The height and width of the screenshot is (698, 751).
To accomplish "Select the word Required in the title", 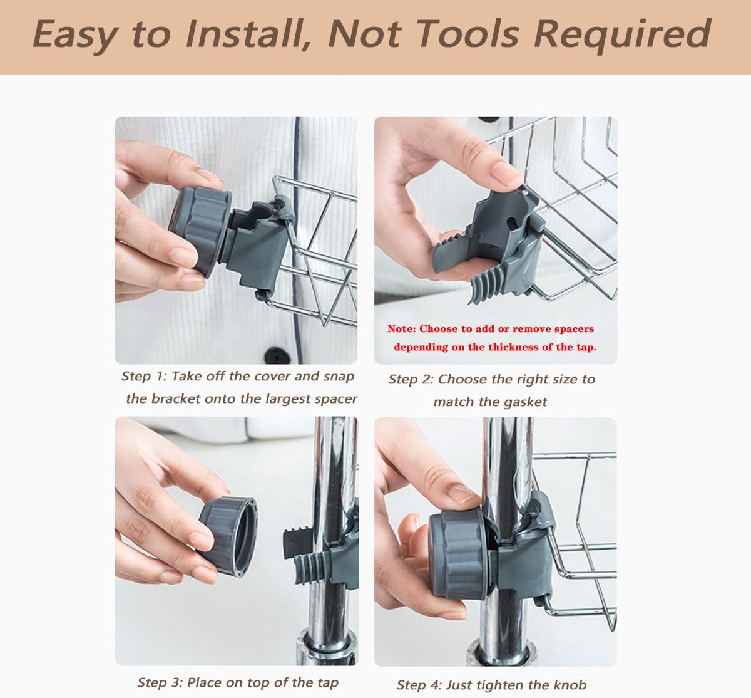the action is pyautogui.click(x=623, y=36).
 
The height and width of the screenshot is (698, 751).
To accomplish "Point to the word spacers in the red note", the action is pyautogui.click(x=574, y=330).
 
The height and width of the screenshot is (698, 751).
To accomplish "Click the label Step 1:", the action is pyautogui.click(x=144, y=377).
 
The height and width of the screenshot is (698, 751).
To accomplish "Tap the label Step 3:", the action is pyautogui.click(x=160, y=683).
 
